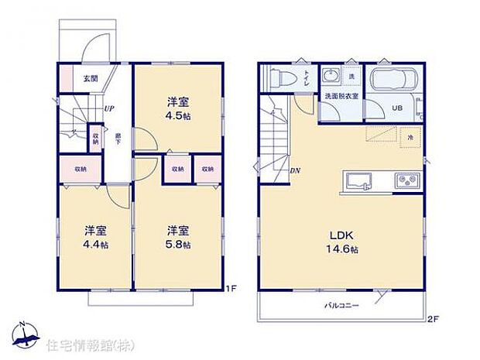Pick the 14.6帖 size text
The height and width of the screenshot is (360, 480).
[341, 249]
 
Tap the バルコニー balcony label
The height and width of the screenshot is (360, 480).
[341, 307]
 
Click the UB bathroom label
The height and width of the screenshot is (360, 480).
[396, 108]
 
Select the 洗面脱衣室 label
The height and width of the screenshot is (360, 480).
[340, 96]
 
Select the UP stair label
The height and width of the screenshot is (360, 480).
[110, 108]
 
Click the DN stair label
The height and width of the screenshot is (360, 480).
[295, 170]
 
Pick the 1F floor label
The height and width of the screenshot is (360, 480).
[231, 289]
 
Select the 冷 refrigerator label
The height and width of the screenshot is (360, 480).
[410, 137]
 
